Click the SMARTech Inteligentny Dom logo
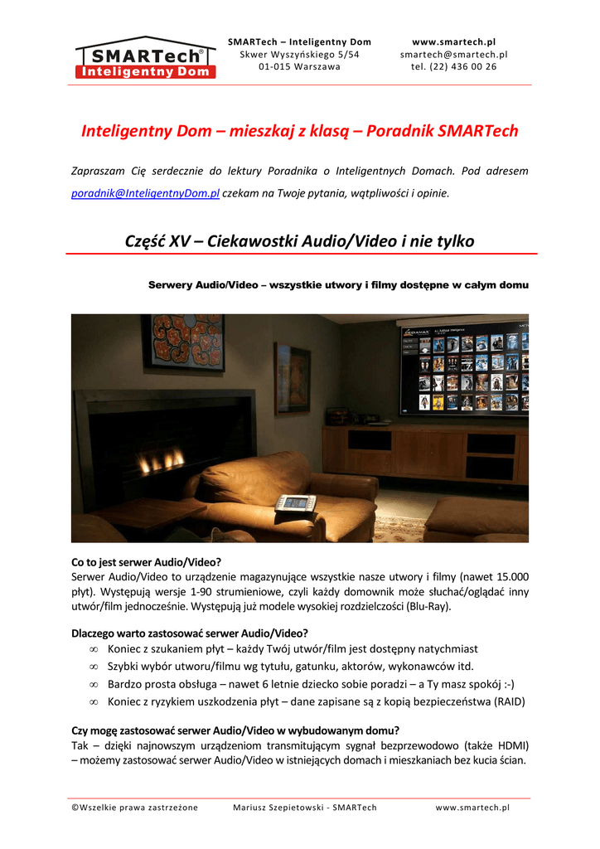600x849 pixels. pos(145,57)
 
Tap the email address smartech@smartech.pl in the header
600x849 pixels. pos(453,54)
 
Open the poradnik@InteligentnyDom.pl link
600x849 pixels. pos(145,193)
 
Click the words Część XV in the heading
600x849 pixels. pos(157,241)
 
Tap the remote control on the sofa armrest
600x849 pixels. pos(295,502)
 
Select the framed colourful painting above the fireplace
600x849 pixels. pos(182,342)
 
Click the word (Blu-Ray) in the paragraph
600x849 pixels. pos(428,606)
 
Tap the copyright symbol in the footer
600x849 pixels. pos(75,808)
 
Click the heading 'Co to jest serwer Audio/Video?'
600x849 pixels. pos(146,561)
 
